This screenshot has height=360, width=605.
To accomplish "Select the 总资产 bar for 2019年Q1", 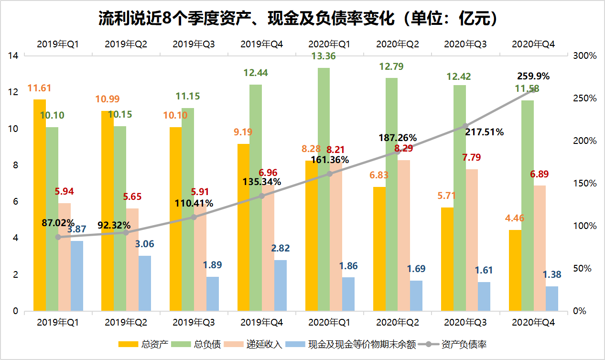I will tap(40, 206).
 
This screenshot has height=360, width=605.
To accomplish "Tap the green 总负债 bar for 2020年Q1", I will tap(324, 191).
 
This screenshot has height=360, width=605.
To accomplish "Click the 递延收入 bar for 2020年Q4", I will tap(539, 249).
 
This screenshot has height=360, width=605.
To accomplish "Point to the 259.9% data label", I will tap(533, 76).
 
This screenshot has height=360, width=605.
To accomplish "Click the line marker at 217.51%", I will tap(466, 126).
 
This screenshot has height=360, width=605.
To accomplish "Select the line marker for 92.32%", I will tap(126, 232).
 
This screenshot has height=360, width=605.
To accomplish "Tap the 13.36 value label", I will tap(324, 56).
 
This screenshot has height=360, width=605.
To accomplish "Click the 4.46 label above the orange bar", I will tap(515, 219).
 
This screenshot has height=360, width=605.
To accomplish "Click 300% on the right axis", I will tap(584, 56).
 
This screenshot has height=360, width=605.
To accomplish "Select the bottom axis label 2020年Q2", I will tap(398, 324).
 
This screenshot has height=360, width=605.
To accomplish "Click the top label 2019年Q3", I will tap(194, 44).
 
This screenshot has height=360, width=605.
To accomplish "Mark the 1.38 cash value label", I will tap(552, 275).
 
